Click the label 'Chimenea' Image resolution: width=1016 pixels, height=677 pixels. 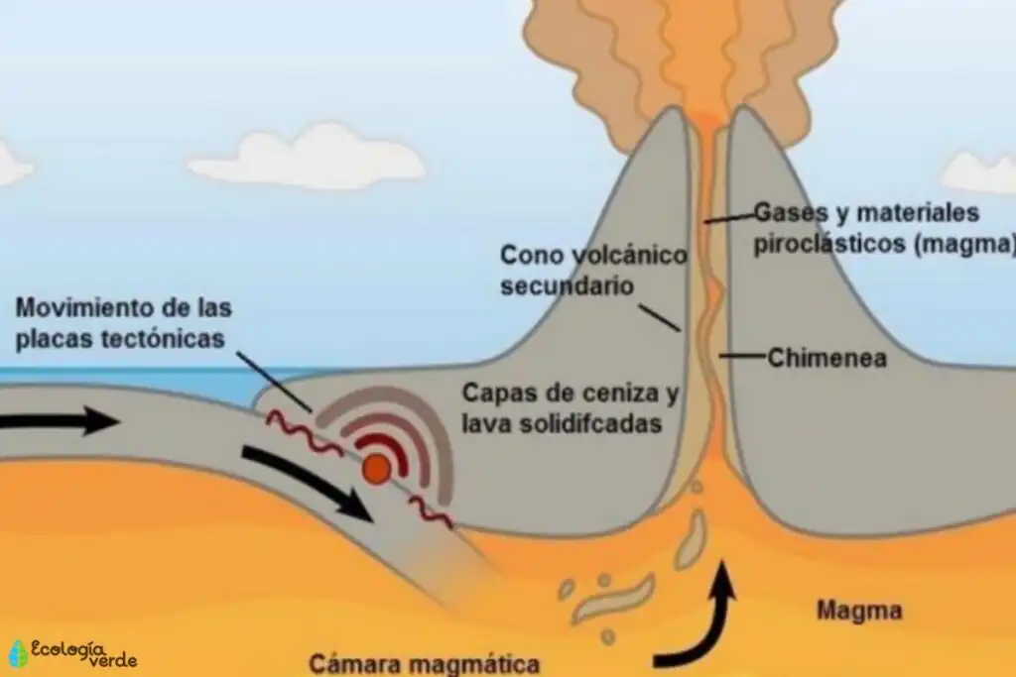pos(826,358)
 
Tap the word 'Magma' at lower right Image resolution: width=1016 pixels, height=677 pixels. pos(859,611)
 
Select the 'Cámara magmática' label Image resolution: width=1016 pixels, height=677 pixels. pos(425,664)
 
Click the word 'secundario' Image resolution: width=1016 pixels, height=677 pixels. pos(567,285)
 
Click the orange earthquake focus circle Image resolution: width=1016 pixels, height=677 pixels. pos(376,469)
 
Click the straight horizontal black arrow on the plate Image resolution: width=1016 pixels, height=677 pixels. pos(60,422)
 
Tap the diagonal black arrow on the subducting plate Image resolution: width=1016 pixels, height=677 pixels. pos(308,482)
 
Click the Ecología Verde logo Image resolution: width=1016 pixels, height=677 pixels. pos(73,653)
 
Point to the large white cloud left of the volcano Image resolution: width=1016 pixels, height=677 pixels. pos(306,159)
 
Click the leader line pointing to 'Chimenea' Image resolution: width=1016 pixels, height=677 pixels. pos(742,355)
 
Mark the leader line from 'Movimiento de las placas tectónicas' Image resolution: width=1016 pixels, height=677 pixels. pos(274,382)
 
